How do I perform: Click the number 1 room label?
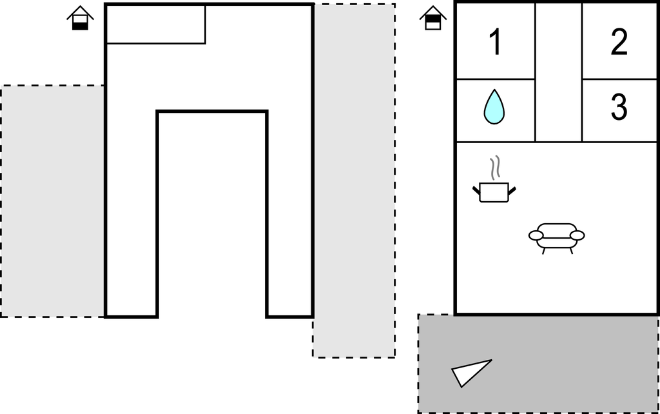pyautogui.click(x=496, y=41)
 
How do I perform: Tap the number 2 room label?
pyautogui.click(x=619, y=41)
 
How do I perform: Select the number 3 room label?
pyautogui.click(x=619, y=106)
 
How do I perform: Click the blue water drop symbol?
pyautogui.click(x=494, y=107)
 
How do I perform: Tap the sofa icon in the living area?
pyautogui.click(x=556, y=238)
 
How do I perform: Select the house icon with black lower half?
pyautogui.click(x=80, y=18)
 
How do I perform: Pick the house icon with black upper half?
pyautogui.click(x=432, y=18)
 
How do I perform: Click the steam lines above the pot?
pyautogui.click(x=496, y=167)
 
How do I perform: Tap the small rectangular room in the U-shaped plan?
pyautogui.click(x=156, y=24)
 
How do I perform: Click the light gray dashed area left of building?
pyautogui.click(x=53, y=201)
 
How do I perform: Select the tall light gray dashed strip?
pyautogui.click(x=354, y=181)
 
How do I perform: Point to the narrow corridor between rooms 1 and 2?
pyautogui.click(x=558, y=72)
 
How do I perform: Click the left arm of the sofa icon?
pyautogui.click(x=536, y=235)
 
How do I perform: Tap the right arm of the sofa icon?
pyautogui.click(x=577, y=235)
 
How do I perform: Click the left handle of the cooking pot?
pyautogui.click(x=476, y=190)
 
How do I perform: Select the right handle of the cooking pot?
pyautogui.click(x=512, y=190)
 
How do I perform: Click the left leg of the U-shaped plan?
pyautogui.click(x=131, y=213)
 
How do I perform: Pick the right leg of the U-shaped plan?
pyautogui.click(x=290, y=213)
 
